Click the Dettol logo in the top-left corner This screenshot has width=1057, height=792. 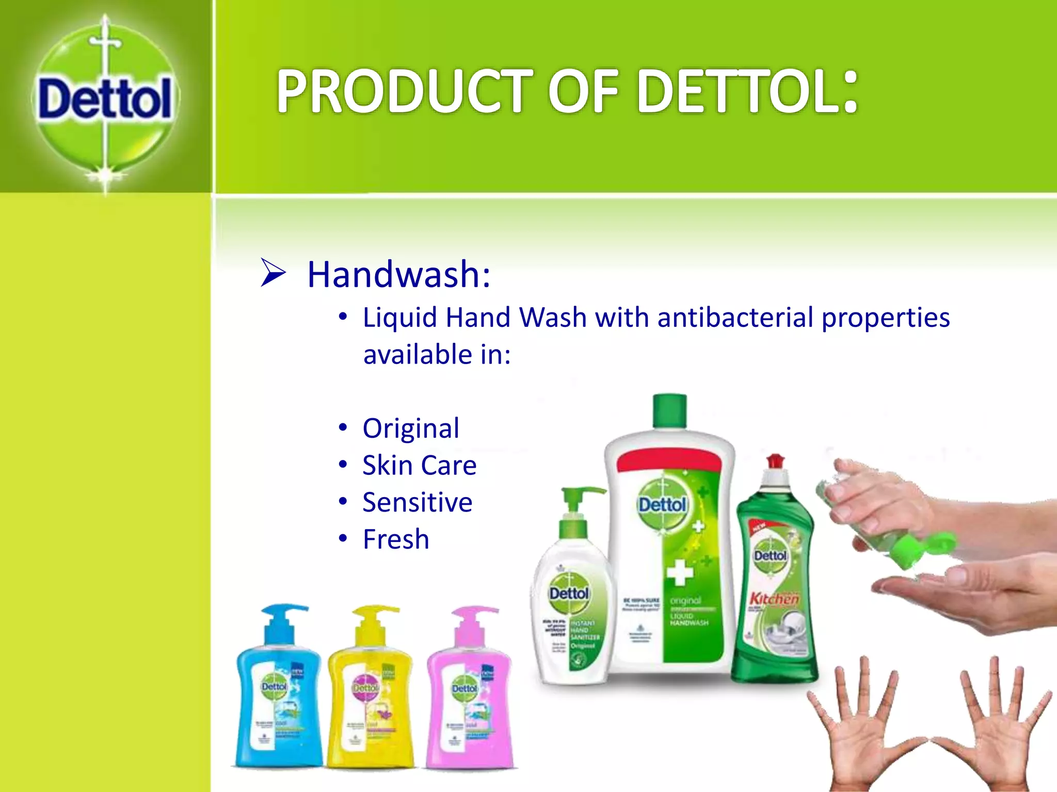pos(105,98)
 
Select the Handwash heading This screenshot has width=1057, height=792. pos(398,274)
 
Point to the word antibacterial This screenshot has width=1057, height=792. pos(735,317)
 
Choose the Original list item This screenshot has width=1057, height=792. pos(411,428)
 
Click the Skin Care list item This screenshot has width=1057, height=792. pos(419,465)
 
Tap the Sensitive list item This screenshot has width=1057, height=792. pos(417,502)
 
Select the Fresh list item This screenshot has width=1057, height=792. pos(396,539)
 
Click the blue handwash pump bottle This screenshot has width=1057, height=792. pos(279,691)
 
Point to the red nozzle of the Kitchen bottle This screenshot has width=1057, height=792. pos(775,461)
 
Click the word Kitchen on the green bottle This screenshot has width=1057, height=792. pos(774,599)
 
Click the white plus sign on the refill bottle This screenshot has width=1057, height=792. pos(680,572)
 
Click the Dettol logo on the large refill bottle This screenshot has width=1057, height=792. pos(663,504)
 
